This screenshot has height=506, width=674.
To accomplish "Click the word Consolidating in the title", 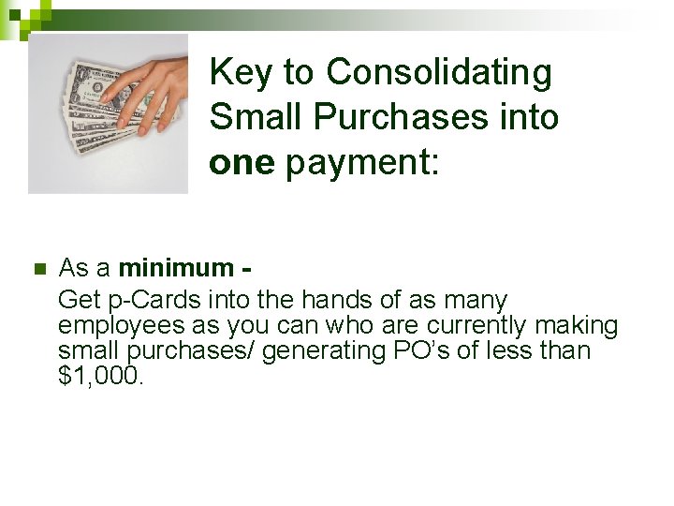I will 440,71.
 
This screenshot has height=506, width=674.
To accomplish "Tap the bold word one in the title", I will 242,163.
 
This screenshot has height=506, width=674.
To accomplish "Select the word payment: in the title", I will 361,163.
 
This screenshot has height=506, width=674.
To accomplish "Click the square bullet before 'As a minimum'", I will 38,270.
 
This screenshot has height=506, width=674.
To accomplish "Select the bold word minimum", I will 176,268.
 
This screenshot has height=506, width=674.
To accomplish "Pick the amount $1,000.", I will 101,376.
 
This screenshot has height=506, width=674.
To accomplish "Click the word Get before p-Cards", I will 75,300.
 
